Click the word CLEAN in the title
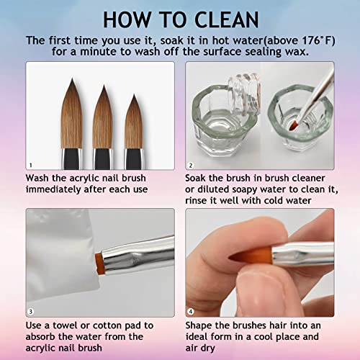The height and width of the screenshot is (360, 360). coord(226,20)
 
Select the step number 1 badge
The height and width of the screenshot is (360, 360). coord(30,165)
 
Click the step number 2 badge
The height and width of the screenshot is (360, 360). coord(191,165)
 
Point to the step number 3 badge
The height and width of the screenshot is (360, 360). coord(30,312)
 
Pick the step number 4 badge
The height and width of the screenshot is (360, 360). coord(191,312)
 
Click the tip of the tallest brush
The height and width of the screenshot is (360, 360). coord(72,78)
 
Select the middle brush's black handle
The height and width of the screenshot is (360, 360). coord(103,159)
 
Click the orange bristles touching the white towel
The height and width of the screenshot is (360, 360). coord(99,264)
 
